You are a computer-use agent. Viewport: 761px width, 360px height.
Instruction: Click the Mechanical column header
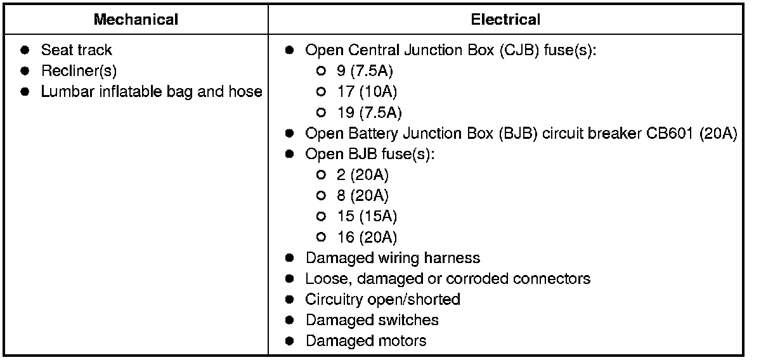136,20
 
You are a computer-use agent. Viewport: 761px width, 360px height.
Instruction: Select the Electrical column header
505,20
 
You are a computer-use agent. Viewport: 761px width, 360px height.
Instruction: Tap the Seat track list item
76,50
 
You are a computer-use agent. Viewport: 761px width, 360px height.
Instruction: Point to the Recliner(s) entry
79,71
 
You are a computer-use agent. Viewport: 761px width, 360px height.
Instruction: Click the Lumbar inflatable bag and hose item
151,92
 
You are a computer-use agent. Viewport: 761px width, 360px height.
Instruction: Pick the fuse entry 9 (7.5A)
370,71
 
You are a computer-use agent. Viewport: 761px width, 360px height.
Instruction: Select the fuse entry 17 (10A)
367,92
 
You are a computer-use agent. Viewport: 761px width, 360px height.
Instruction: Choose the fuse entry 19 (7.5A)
370,113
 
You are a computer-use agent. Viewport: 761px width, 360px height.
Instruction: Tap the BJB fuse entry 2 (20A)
363,175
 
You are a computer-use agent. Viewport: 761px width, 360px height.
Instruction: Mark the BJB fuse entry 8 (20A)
363,196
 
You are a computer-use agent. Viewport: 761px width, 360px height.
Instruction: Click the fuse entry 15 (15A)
367,217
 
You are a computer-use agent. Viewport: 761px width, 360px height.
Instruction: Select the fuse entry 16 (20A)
367,238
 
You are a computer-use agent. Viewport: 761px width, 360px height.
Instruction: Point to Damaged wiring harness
393,258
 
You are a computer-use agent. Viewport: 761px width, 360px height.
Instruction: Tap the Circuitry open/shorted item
382,300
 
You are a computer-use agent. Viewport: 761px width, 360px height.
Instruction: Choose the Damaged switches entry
372,320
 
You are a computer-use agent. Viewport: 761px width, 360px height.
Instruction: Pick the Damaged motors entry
366,341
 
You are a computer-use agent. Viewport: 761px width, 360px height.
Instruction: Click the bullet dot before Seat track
25,50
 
